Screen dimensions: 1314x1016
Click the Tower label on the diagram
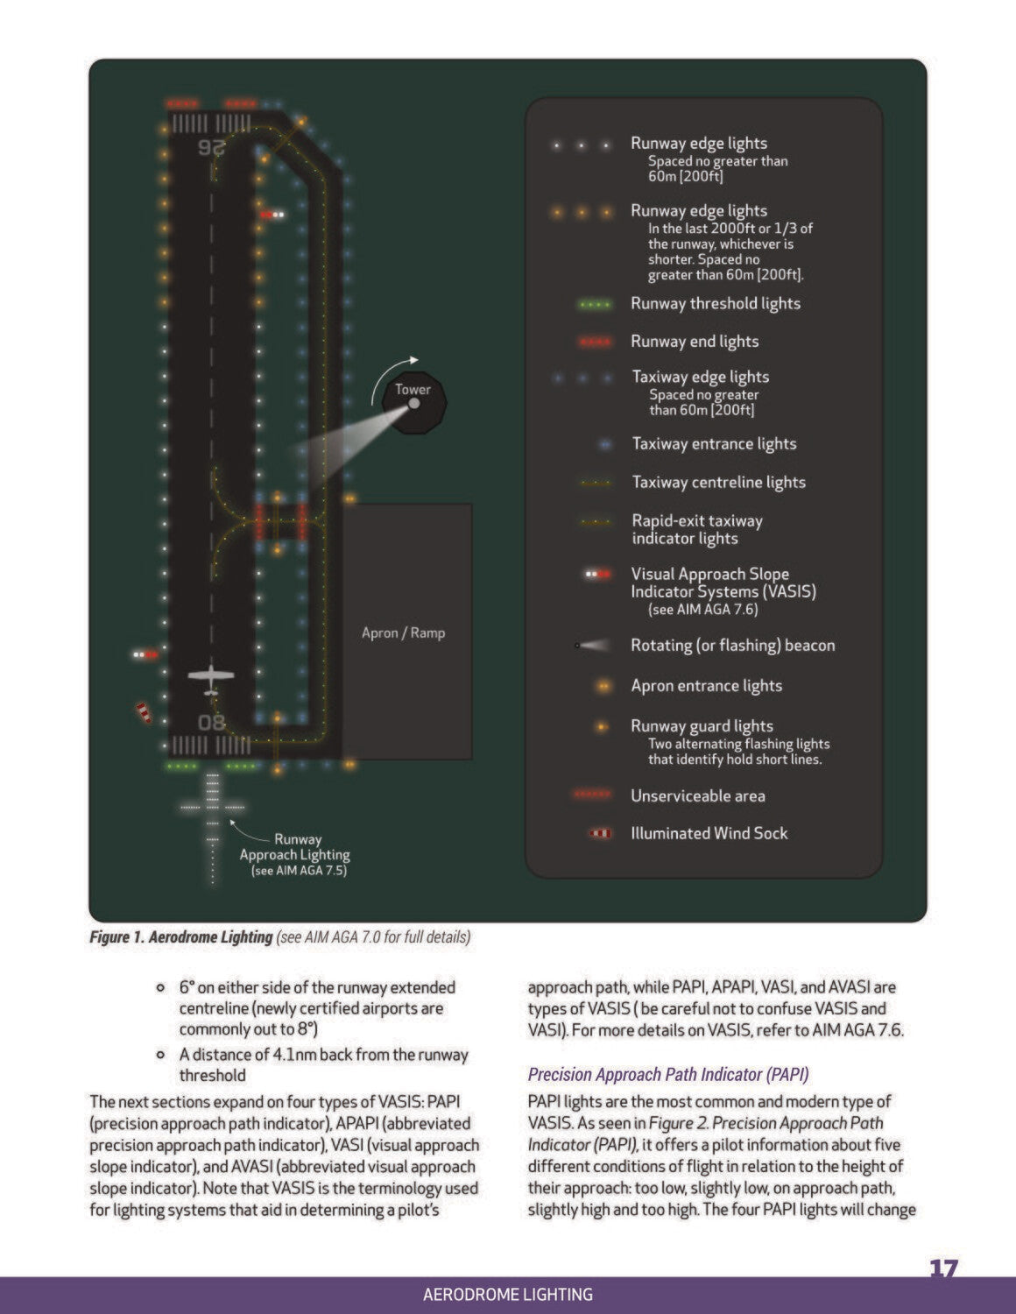tap(413, 389)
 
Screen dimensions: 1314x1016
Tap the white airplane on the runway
tap(211, 677)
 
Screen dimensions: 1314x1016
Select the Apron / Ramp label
tap(403, 632)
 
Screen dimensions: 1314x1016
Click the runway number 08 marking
tap(211, 723)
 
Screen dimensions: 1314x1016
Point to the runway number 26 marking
tap(211, 147)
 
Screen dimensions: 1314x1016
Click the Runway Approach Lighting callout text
tap(295, 854)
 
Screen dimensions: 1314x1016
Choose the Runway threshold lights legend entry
tap(715, 304)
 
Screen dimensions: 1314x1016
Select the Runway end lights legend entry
tap(695, 342)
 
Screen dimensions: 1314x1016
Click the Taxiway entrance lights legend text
tap(714, 444)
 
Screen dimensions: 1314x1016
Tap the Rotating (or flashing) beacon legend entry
tap(732, 646)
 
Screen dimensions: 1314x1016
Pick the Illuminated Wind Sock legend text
tap(709, 833)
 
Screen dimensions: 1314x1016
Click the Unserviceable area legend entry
tap(697, 796)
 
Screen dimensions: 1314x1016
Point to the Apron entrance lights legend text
tap(706, 686)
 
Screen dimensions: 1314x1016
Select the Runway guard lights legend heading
tap(702, 725)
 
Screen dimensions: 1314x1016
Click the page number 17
tap(943, 1269)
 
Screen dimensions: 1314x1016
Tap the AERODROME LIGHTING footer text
tap(507, 1294)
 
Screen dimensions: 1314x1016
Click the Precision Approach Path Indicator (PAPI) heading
tap(668, 1074)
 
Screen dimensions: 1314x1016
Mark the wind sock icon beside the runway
tap(144, 712)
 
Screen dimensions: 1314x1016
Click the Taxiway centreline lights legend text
tap(718, 483)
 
